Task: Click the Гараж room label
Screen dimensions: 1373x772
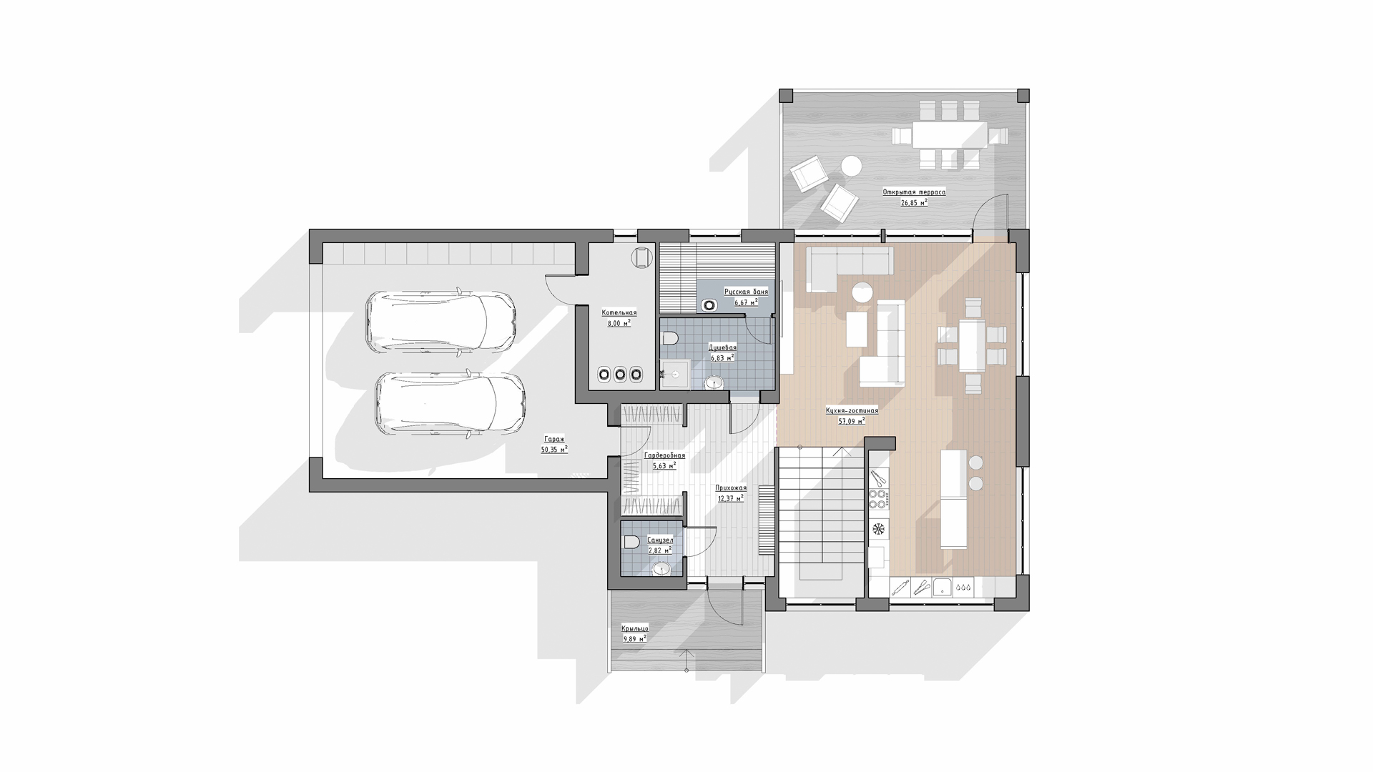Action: pos(553,440)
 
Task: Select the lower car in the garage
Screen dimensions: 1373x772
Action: pos(451,403)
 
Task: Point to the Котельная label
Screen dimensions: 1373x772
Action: pos(619,313)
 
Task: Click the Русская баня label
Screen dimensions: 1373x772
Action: pos(746,292)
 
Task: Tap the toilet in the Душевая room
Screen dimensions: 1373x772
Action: pos(670,339)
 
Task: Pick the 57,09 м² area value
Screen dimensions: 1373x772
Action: pos(852,421)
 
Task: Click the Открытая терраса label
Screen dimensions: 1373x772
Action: pos(914,192)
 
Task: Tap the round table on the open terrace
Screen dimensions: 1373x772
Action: pos(851,166)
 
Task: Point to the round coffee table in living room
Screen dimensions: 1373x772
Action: pos(862,292)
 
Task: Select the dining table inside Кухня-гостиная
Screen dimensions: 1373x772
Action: pos(972,346)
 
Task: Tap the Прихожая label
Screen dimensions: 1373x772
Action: pos(731,488)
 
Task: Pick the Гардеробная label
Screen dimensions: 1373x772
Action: pos(664,455)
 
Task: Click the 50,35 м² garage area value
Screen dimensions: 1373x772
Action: pos(554,450)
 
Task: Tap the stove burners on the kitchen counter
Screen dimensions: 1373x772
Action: pos(878,498)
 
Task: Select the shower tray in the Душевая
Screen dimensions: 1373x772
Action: pos(674,374)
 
